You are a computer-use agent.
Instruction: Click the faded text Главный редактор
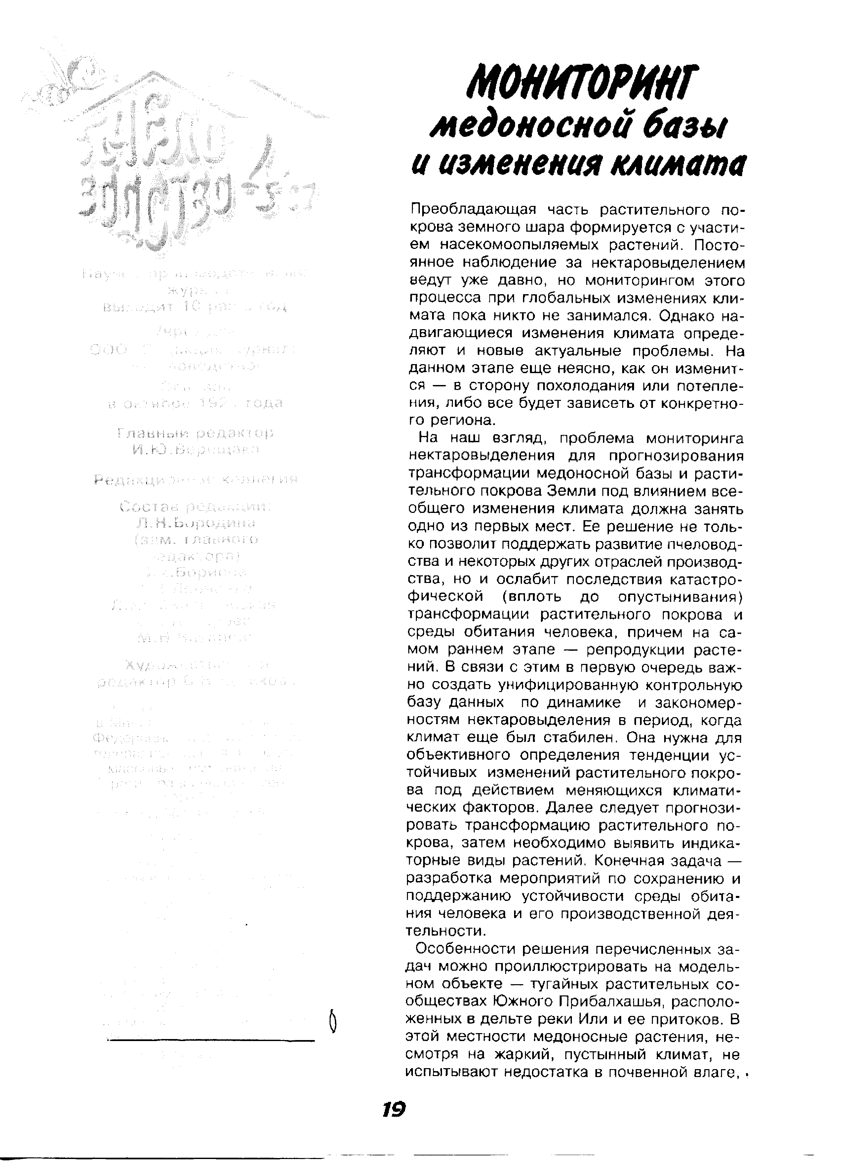click(195, 433)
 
